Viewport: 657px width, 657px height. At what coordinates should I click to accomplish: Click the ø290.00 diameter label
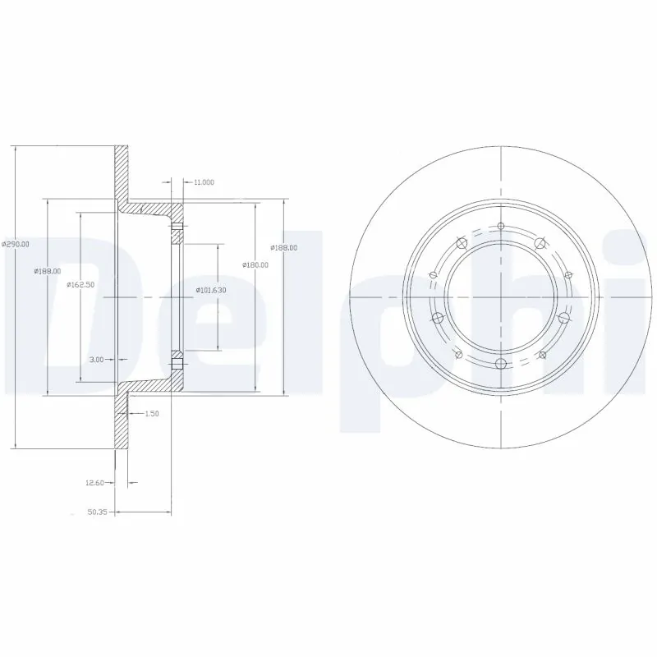pos(16,244)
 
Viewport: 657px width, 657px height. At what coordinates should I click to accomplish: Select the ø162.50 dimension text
pos(80,284)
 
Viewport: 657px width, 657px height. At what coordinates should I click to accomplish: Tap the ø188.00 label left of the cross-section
pos(47,271)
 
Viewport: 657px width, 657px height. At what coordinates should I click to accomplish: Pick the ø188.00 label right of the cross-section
pos(284,247)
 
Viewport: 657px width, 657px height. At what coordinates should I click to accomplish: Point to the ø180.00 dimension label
pos(255,264)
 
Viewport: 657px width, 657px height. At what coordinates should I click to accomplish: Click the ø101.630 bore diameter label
pos(211,290)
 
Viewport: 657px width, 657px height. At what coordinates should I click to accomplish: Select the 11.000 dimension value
pos(204,181)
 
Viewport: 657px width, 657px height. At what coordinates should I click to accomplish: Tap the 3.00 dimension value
pos(96,360)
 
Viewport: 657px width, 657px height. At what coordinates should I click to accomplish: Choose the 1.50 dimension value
pos(150,414)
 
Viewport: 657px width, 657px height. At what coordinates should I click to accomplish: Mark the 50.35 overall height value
pos(98,512)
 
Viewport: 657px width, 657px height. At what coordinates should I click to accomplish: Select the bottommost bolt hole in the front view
pos(501,364)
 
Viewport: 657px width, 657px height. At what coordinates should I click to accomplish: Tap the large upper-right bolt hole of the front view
pos(540,243)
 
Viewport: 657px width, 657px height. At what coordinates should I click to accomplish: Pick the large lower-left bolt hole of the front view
pos(438,318)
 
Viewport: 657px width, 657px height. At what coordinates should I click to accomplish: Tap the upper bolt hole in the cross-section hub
pos(177,228)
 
